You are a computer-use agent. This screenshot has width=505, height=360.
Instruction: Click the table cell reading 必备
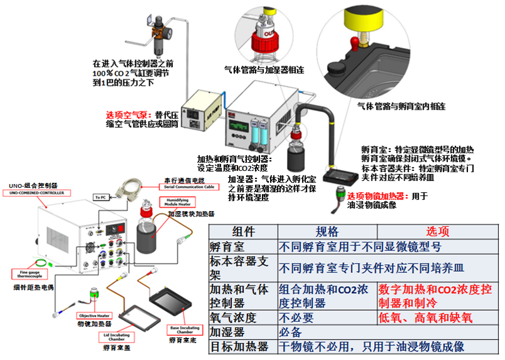pos(293,332)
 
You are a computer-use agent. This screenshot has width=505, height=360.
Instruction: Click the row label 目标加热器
pos(239,347)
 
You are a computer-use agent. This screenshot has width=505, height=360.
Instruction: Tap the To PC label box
pos(100,197)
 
